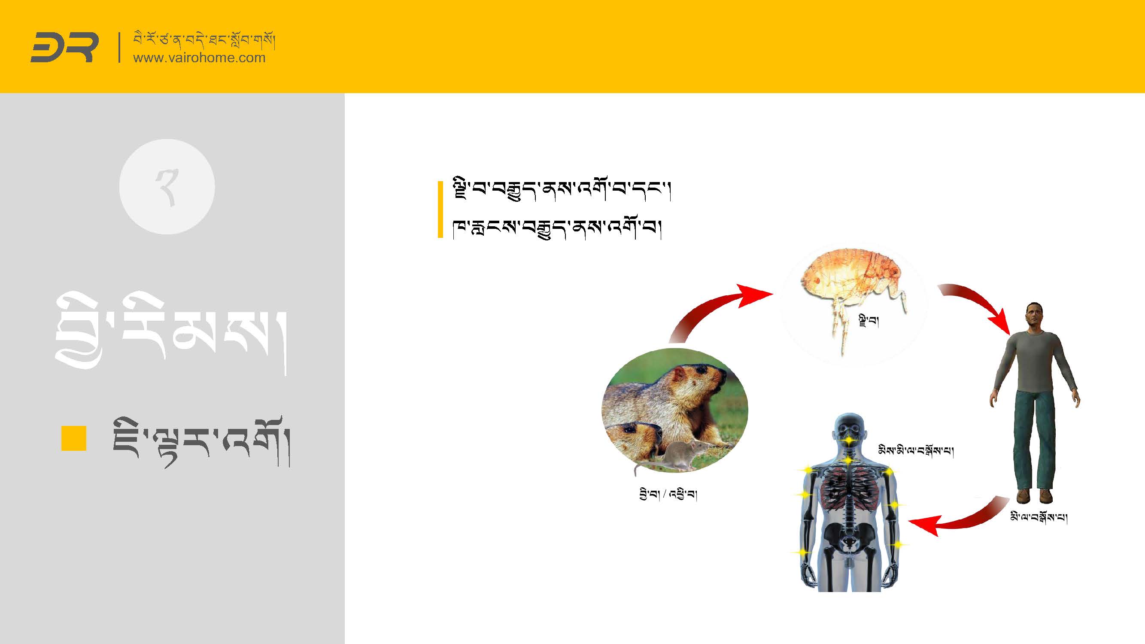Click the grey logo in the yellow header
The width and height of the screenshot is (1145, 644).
64,47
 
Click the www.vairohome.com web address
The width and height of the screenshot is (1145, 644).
199,58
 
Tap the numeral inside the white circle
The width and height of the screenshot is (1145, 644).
167,188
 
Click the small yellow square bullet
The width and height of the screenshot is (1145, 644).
74,438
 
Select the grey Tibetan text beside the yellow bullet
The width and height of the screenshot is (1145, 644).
201,442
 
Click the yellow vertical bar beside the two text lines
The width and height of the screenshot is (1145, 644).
440,210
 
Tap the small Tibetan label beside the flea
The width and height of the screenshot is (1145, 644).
869,320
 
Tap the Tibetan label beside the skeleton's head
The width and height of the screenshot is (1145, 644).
916,450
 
